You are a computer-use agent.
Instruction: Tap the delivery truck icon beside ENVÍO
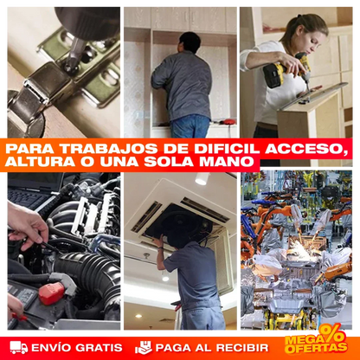[x=18, y=348]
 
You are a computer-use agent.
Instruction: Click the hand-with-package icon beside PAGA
[x=143, y=348]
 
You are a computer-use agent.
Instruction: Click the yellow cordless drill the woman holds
[x=277, y=74]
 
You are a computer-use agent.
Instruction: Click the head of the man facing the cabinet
[x=190, y=42]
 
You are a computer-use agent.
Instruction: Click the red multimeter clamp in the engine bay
[x=50, y=292]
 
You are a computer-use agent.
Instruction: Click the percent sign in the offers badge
[x=331, y=333]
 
